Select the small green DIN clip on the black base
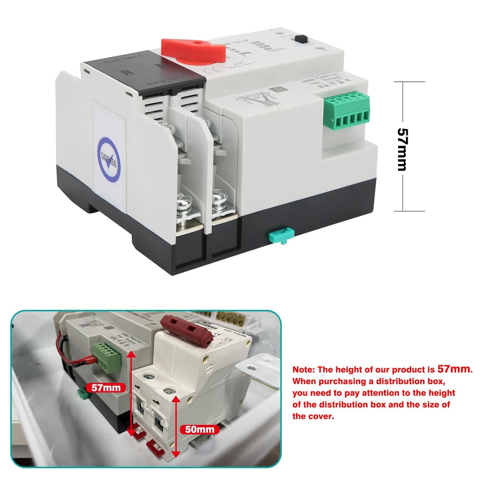(280, 234)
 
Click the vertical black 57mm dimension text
(402, 149)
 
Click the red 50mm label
(199, 429)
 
